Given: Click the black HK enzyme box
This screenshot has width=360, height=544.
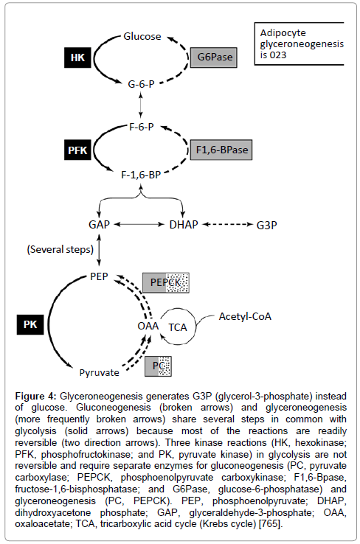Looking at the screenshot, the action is pyautogui.click(x=77, y=57).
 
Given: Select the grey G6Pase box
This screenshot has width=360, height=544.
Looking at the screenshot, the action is pyautogui.click(x=214, y=57).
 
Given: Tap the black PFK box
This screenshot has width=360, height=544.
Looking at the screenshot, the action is pyautogui.click(x=77, y=150).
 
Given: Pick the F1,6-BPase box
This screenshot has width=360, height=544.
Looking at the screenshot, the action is pyautogui.click(x=221, y=150).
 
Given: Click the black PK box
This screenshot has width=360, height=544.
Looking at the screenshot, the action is pyautogui.click(x=30, y=325).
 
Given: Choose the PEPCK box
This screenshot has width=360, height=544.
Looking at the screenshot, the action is pyautogui.click(x=166, y=283).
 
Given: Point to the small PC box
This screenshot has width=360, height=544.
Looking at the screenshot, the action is pyautogui.click(x=159, y=366).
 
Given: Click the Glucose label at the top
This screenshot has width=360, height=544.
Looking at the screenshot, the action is pyautogui.click(x=142, y=36).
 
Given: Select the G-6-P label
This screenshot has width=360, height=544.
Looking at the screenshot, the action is pyautogui.click(x=141, y=84).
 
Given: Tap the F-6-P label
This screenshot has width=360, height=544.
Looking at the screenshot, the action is pyautogui.click(x=142, y=127).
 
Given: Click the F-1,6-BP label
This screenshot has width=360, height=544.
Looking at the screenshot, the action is pyautogui.click(x=141, y=175).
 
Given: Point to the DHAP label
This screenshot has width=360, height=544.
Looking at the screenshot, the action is pyautogui.click(x=184, y=225).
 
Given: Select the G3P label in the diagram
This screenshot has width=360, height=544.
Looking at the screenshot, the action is pyautogui.click(x=266, y=226).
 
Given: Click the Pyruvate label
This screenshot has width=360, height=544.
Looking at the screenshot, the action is pyautogui.click(x=100, y=372).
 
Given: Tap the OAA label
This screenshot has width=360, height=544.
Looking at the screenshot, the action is pyautogui.click(x=148, y=326).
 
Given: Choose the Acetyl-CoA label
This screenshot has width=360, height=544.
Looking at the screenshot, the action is pyautogui.click(x=245, y=316).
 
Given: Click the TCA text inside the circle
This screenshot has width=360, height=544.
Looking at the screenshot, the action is pyautogui.click(x=178, y=327).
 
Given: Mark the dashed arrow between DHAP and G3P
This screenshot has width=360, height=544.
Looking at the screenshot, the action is pyautogui.click(x=227, y=225).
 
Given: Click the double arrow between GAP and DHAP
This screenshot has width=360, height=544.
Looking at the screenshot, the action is pyautogui.click(x=139, y=225).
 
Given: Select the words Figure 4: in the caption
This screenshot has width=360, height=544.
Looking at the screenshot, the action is pyautogui.click(x=35, y=396).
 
